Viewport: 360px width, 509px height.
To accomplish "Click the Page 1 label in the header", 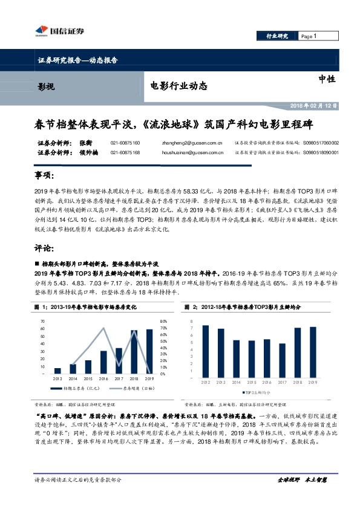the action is (309, 37).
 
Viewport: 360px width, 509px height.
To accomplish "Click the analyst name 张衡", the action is (85, 143).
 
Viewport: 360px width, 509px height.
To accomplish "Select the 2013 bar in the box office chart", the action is (57, 371).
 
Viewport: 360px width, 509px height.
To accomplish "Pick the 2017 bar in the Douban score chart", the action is (282, 360).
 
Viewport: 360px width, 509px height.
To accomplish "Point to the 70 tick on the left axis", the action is (42, 321).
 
